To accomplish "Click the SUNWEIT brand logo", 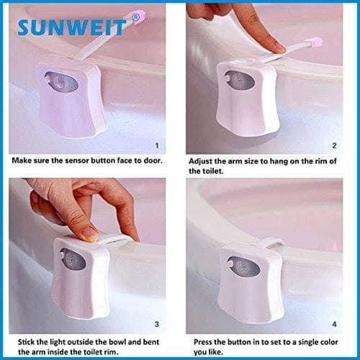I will tap(72, 28).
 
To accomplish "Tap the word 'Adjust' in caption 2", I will tap(203, 161).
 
